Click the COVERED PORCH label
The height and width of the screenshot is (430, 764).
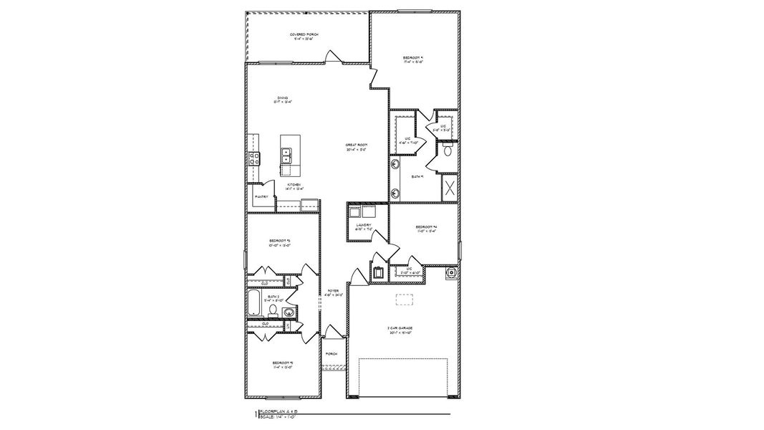304,36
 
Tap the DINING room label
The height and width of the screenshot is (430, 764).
283,100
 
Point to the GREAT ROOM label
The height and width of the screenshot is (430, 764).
356,148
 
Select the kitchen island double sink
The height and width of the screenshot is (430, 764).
286,155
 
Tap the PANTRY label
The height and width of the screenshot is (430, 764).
261,196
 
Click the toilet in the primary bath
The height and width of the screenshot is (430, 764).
448,150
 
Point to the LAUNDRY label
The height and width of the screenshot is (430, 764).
364,226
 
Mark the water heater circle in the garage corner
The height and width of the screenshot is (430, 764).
451,272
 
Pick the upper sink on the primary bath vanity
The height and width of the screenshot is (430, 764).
395,163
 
